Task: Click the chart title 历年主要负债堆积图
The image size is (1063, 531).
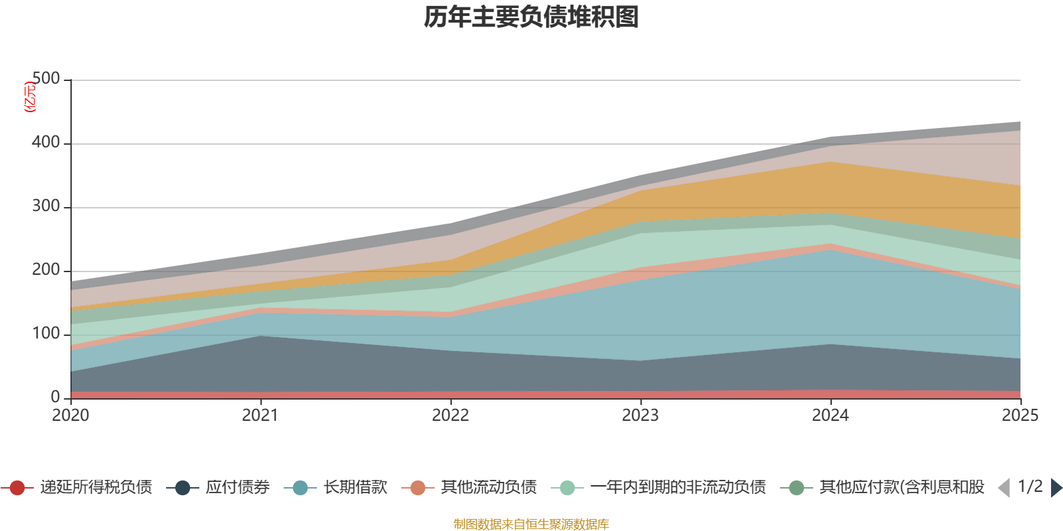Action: point(531,17)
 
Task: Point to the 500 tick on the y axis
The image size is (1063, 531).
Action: point(46,79)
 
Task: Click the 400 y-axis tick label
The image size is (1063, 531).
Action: point(46,143)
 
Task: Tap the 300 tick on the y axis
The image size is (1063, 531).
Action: point(46,206)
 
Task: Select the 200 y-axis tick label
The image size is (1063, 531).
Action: point(46,270)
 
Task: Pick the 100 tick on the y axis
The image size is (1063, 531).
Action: point(46,334)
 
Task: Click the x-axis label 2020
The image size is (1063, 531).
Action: point(70,416)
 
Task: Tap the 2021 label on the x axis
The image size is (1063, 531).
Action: point(260,416)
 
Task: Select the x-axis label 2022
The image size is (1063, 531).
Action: point(450,416)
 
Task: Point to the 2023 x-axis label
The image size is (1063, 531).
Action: point(640,416)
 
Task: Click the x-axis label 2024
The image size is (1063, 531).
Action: point(830,416)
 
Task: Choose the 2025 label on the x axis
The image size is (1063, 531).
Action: point(1020,416)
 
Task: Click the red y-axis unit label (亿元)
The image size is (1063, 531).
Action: point(30,97)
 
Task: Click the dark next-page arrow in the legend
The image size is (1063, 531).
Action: point(1056,488)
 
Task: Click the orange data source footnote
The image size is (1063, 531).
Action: point(531,524)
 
